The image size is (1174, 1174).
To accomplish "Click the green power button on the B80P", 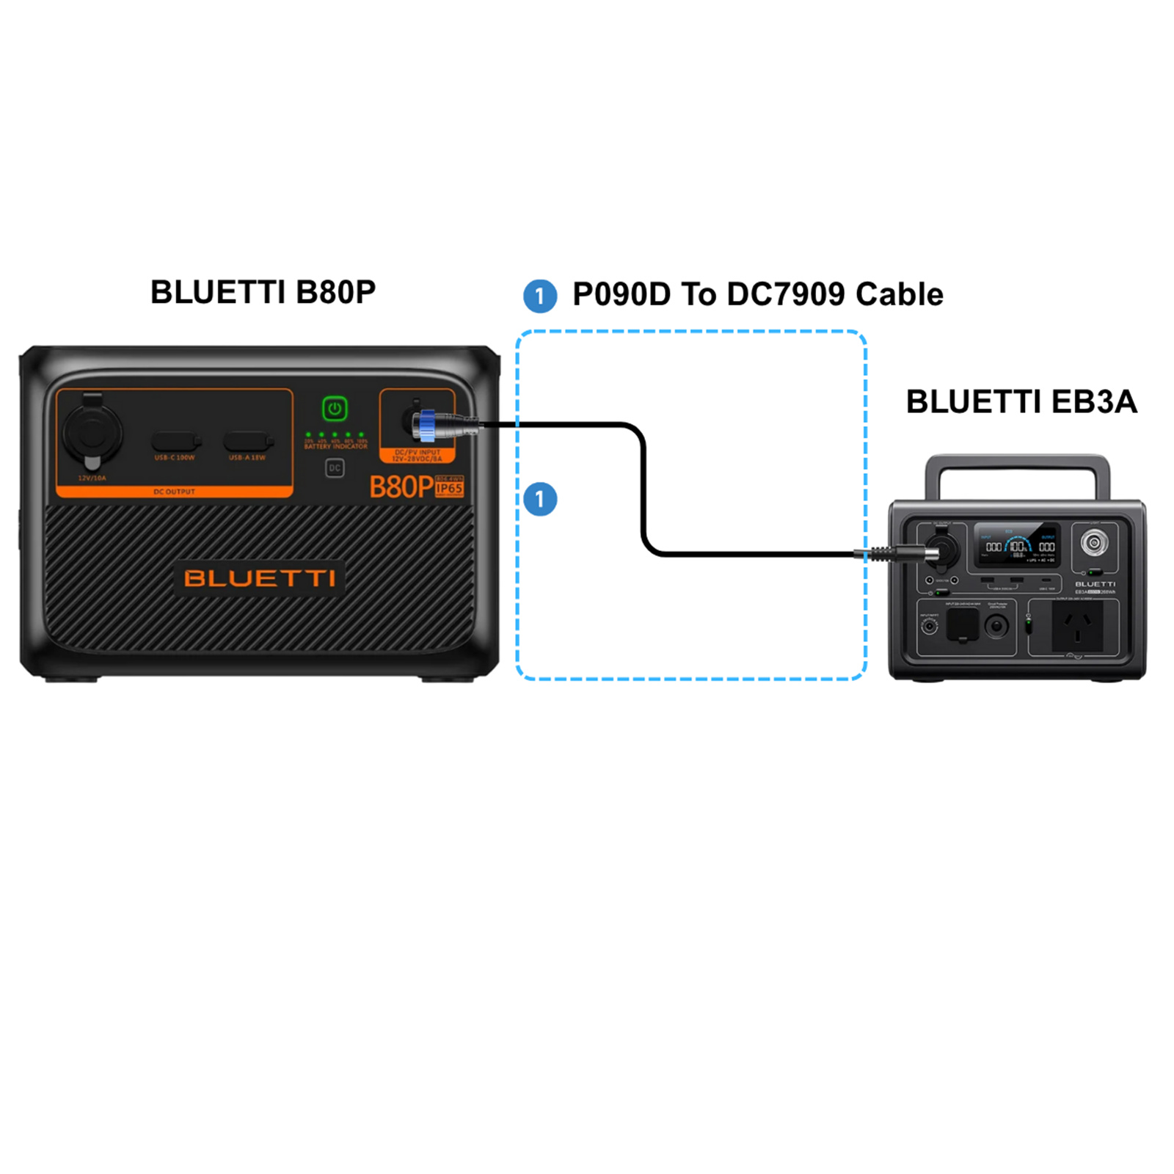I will click(335, 409).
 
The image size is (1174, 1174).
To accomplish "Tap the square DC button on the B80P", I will click(335, 468).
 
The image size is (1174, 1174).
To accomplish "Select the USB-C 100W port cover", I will click(175, 442).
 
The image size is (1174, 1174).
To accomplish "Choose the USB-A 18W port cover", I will click(247, 442).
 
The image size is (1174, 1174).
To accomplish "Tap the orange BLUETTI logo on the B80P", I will click(260, 578).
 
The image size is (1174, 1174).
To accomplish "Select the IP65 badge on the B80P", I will click(449, 488).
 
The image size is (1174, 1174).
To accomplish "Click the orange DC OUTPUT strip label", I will click(174, 492).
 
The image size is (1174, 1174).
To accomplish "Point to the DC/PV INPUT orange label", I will click(418, 456).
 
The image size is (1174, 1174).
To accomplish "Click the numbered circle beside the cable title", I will click(540, 296).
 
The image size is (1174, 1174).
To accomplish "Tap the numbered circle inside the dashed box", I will click(540, 499).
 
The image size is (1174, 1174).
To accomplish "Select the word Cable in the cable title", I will click(899, 294).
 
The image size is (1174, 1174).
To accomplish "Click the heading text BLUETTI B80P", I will click(263, 292).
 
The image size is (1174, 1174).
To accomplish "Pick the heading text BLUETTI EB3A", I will click(1021, 401).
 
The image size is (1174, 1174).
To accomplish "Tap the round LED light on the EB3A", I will click(1094, 543).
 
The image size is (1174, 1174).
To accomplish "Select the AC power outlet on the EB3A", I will click(1076, 625).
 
